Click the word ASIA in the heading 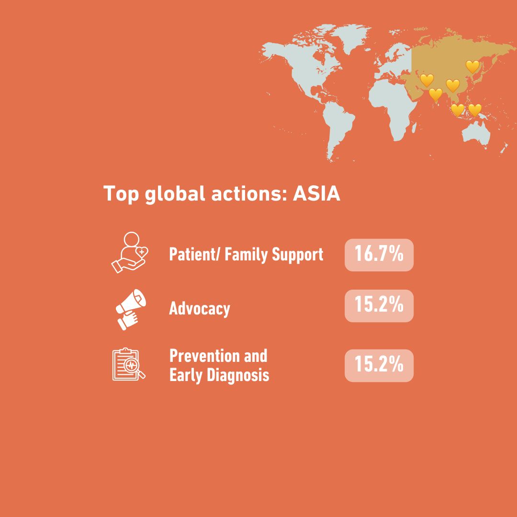(316, 193)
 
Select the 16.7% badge (379, 255)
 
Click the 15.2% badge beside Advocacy (379, 305)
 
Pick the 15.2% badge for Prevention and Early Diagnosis (379, 365)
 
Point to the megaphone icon (130, 309)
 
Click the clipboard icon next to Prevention (129, 364)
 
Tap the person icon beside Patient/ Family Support (130, 253)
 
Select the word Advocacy (200, 309)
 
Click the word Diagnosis (238, 376)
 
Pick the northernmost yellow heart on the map (472, 67)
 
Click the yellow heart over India (435, 95)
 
